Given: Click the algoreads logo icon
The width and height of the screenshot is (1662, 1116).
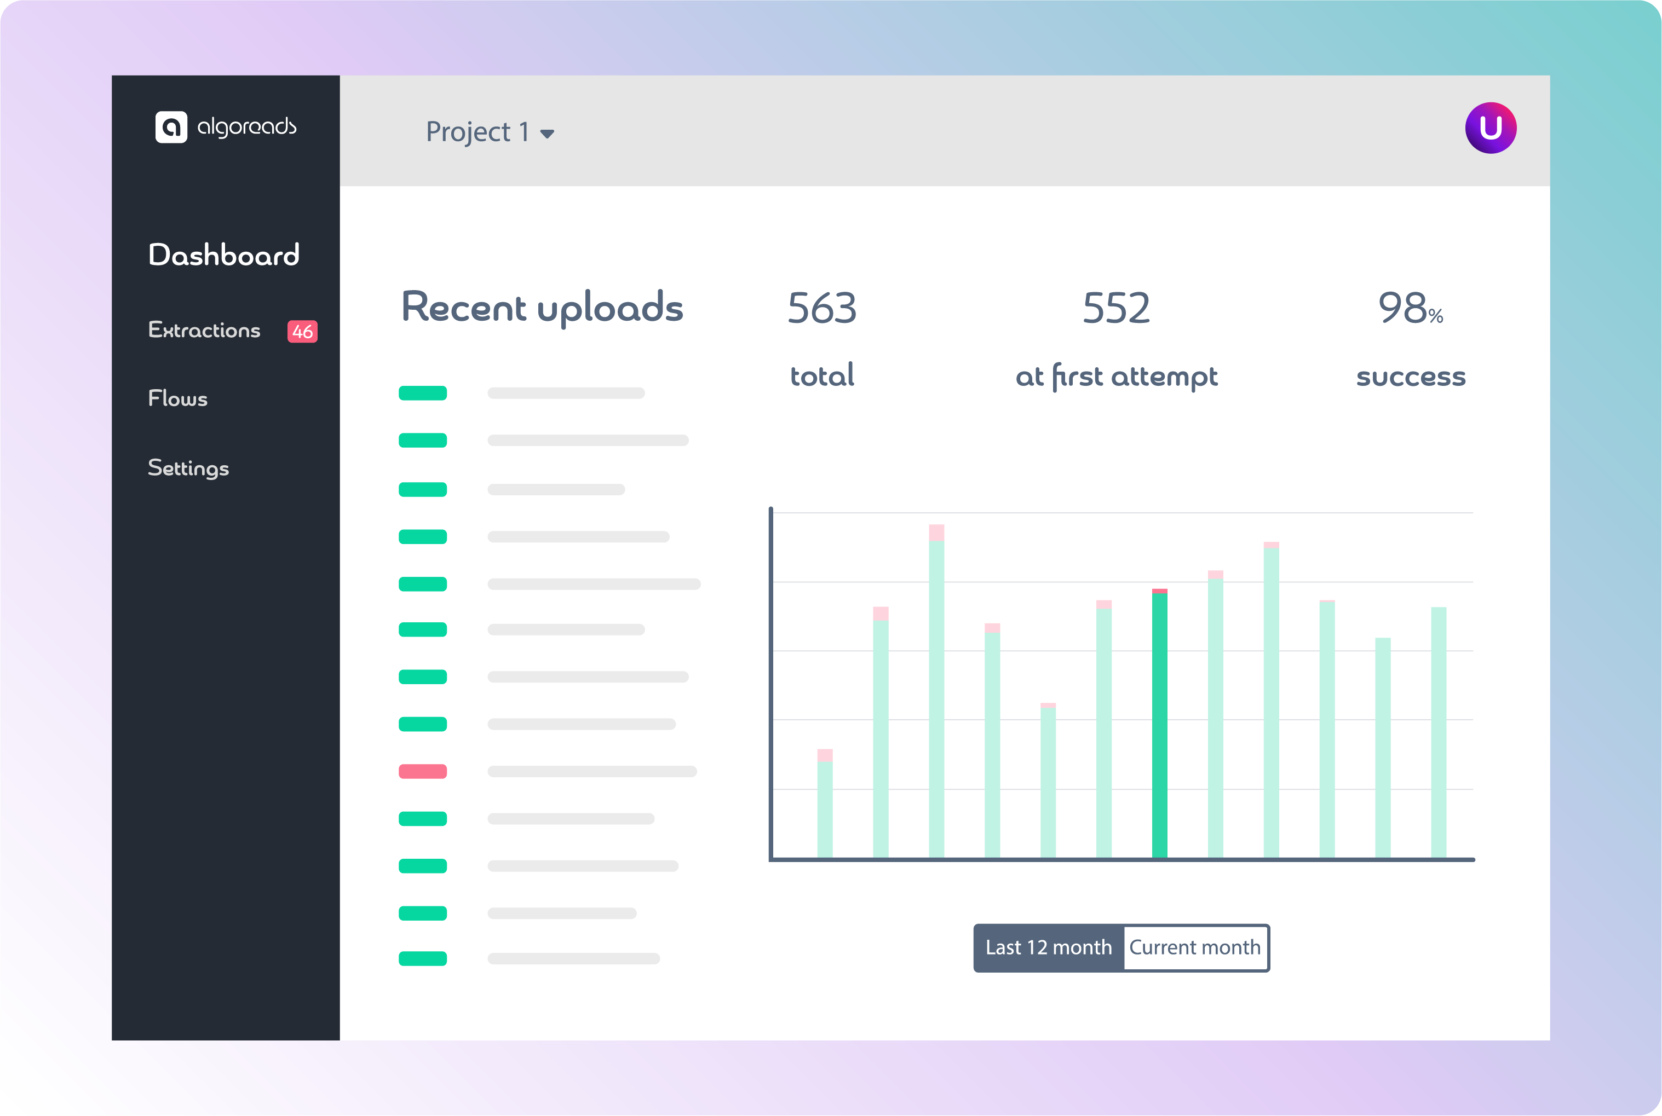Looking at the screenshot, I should click(171, 128).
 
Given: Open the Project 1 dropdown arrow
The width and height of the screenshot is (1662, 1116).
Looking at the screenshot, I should click(547, 134).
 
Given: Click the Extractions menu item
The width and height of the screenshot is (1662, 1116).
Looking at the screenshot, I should click(204, 330).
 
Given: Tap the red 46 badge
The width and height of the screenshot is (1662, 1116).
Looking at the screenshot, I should click(302, 332).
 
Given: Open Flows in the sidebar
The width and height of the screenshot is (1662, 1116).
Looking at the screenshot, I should click(178, 398).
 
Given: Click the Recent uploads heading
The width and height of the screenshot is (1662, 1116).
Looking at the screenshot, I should click(542, 308).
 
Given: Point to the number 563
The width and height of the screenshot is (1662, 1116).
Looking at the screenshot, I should click(822, 309).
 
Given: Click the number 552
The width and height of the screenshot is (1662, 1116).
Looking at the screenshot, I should click(1116, 309).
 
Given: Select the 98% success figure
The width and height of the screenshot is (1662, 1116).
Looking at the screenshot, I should click(1410, 309).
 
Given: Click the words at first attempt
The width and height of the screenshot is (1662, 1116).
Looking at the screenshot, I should click(1116, 377).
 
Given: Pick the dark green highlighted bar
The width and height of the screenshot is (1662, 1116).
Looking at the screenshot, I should click(1159, 726).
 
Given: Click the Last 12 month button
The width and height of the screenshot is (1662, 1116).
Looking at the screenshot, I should click(1048, 948).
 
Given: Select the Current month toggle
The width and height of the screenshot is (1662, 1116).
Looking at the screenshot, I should click(1195, 948).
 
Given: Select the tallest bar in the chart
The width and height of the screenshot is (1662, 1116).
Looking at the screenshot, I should click(936, 697).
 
